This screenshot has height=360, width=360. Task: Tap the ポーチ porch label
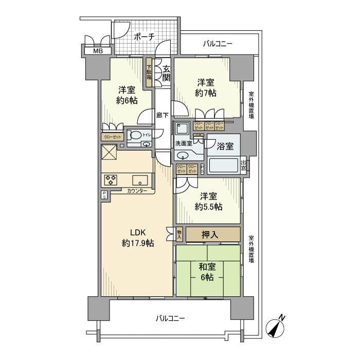click(145, 37)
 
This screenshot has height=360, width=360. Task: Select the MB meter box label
click(97, 51)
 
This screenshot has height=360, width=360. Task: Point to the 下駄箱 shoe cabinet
click(149, 74)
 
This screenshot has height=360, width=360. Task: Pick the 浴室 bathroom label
click(225, 146)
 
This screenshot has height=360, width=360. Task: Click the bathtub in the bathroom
click(222, 166)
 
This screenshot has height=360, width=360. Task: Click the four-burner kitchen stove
click(111, 180)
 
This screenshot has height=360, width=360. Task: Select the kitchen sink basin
click(140, 180)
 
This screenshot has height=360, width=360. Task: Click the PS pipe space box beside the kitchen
click(104, 195)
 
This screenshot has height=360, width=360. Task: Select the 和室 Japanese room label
click(207, 267)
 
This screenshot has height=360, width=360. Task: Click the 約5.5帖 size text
click(208, 207)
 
